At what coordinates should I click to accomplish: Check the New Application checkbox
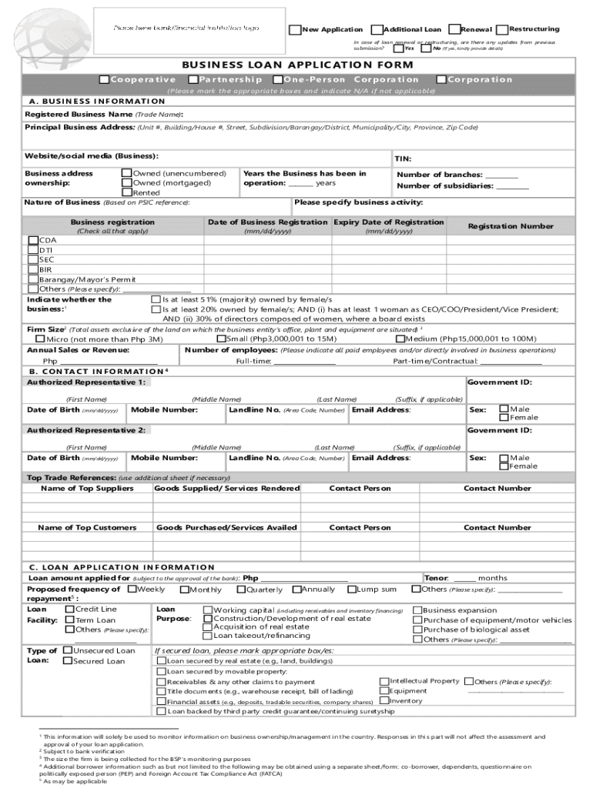click(x=295, y=29)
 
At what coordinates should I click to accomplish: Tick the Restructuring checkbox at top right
click(x=503, y=29)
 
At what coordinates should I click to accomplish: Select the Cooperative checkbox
click(x=105, y=80)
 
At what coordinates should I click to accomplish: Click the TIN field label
click(x=403, y=159)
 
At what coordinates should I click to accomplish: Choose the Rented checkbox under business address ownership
click(x=126, y=192)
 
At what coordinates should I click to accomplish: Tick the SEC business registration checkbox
click(x=33, y=260)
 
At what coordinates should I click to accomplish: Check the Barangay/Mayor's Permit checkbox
click(x=33, y=279)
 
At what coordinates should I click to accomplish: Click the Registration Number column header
click(x=511, y=226)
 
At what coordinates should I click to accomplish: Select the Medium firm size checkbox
click(x=400, y=339)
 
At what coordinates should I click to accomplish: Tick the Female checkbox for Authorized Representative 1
click(x=504, y=417)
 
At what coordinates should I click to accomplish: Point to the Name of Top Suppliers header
click(x=87, y=489)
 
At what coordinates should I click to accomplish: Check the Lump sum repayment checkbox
click(x=352, y=589)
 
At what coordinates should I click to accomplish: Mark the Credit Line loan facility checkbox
click(x=69, y=609)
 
